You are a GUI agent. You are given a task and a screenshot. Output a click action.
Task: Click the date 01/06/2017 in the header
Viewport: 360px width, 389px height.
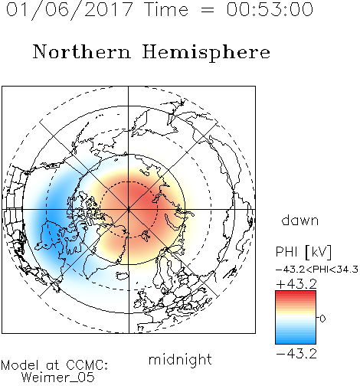[70, 10]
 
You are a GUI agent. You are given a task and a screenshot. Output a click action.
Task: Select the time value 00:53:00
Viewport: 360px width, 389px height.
[270, 9]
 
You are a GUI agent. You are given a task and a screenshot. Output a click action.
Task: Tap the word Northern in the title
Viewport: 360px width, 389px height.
[82, 52]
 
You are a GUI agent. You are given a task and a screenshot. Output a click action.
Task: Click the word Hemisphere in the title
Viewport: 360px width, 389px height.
[206, 52]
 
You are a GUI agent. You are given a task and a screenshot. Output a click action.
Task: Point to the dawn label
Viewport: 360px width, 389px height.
[300, 220]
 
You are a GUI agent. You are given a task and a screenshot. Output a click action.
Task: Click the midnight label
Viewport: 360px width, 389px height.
[180, 360]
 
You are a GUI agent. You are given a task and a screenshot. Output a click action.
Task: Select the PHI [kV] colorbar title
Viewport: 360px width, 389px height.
[303, 252]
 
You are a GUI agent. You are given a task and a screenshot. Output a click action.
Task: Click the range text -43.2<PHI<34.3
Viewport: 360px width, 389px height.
[317, 270]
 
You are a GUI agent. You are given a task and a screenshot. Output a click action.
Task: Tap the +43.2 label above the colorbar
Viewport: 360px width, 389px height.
[296, 284]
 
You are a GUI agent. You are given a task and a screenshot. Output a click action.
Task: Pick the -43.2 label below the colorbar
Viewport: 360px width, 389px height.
[296, 354]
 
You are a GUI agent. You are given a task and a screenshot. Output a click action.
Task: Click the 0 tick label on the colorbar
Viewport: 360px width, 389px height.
[322, 319]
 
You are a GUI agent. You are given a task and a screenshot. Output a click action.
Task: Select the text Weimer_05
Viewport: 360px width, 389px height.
[58, 378]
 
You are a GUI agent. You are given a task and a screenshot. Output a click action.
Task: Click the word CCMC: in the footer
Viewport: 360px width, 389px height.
[87, 365]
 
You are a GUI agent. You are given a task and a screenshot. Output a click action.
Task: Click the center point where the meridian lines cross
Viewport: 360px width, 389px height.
[129, 210]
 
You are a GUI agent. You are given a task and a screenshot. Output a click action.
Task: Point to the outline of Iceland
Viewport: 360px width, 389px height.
[123, 276]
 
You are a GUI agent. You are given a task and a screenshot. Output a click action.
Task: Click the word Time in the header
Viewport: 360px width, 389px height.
[166, 9]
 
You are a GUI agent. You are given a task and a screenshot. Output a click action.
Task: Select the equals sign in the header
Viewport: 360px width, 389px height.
[208, 10]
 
